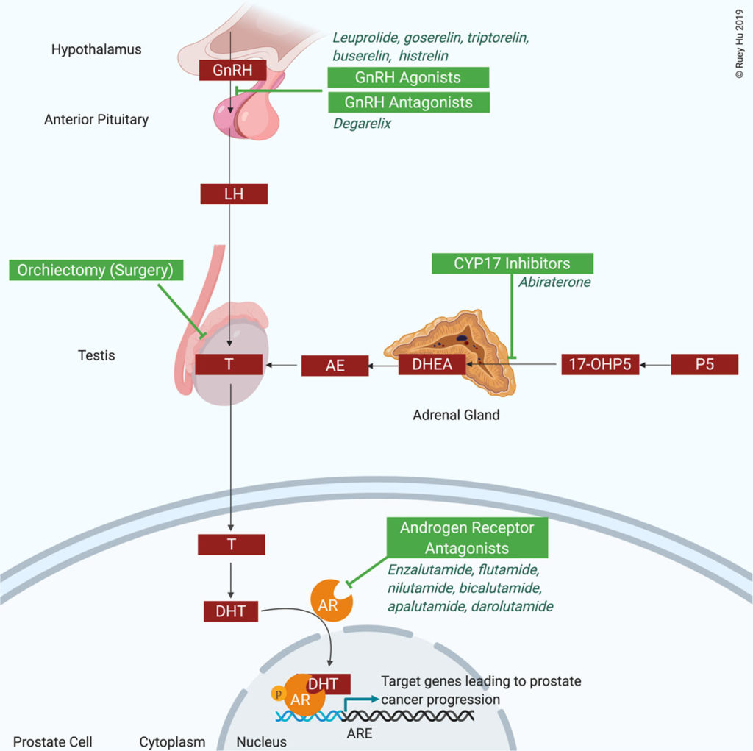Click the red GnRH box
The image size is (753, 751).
click(x=233, y=71)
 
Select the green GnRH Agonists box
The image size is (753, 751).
click(x=408, y=77)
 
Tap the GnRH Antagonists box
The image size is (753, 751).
click(x=408, y=102)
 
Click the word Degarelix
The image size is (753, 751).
click(x=362, y=124)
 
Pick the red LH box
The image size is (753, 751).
click(x=233, y=194)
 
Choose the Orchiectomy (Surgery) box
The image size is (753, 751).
click(x=96, y=270)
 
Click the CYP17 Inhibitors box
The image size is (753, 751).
click(x=512, y=263)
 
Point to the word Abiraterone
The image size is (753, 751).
click(x=554, y=282)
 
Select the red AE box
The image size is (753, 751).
click(x=335, y=365)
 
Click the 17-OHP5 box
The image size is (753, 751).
click(x=600, y=365)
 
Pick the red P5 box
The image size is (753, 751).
click(x=704, y=365)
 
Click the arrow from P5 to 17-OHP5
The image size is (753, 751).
click(x=654, y=365)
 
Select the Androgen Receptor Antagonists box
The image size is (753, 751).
click(x=466, y=538)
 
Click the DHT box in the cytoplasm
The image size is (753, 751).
click(x=230, y=610)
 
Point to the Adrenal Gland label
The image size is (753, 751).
click(x=456, y=415)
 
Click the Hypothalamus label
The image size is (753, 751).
click(x=96, y=50)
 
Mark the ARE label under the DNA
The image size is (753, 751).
click(x=360, y=733)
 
